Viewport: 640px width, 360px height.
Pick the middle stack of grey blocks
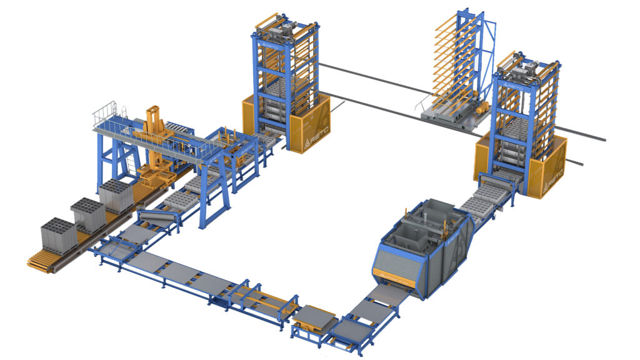87,214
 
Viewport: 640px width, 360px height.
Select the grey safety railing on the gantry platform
106,113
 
